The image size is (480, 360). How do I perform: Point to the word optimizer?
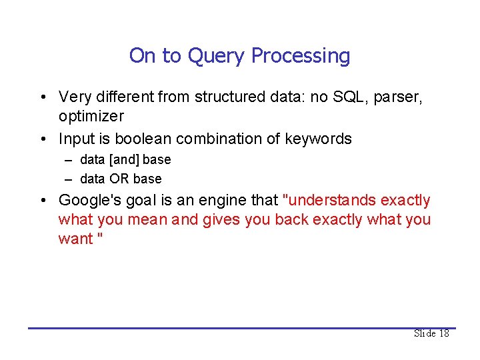click(91, 116)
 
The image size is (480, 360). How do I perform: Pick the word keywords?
click(318, 139)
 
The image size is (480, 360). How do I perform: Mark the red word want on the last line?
click(75, 239)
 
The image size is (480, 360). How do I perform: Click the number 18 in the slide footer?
click(443, 333)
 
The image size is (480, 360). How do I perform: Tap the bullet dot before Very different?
click(42, 97)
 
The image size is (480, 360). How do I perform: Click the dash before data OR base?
click(69, 179)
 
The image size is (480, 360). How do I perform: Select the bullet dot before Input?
click(42, 139)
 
